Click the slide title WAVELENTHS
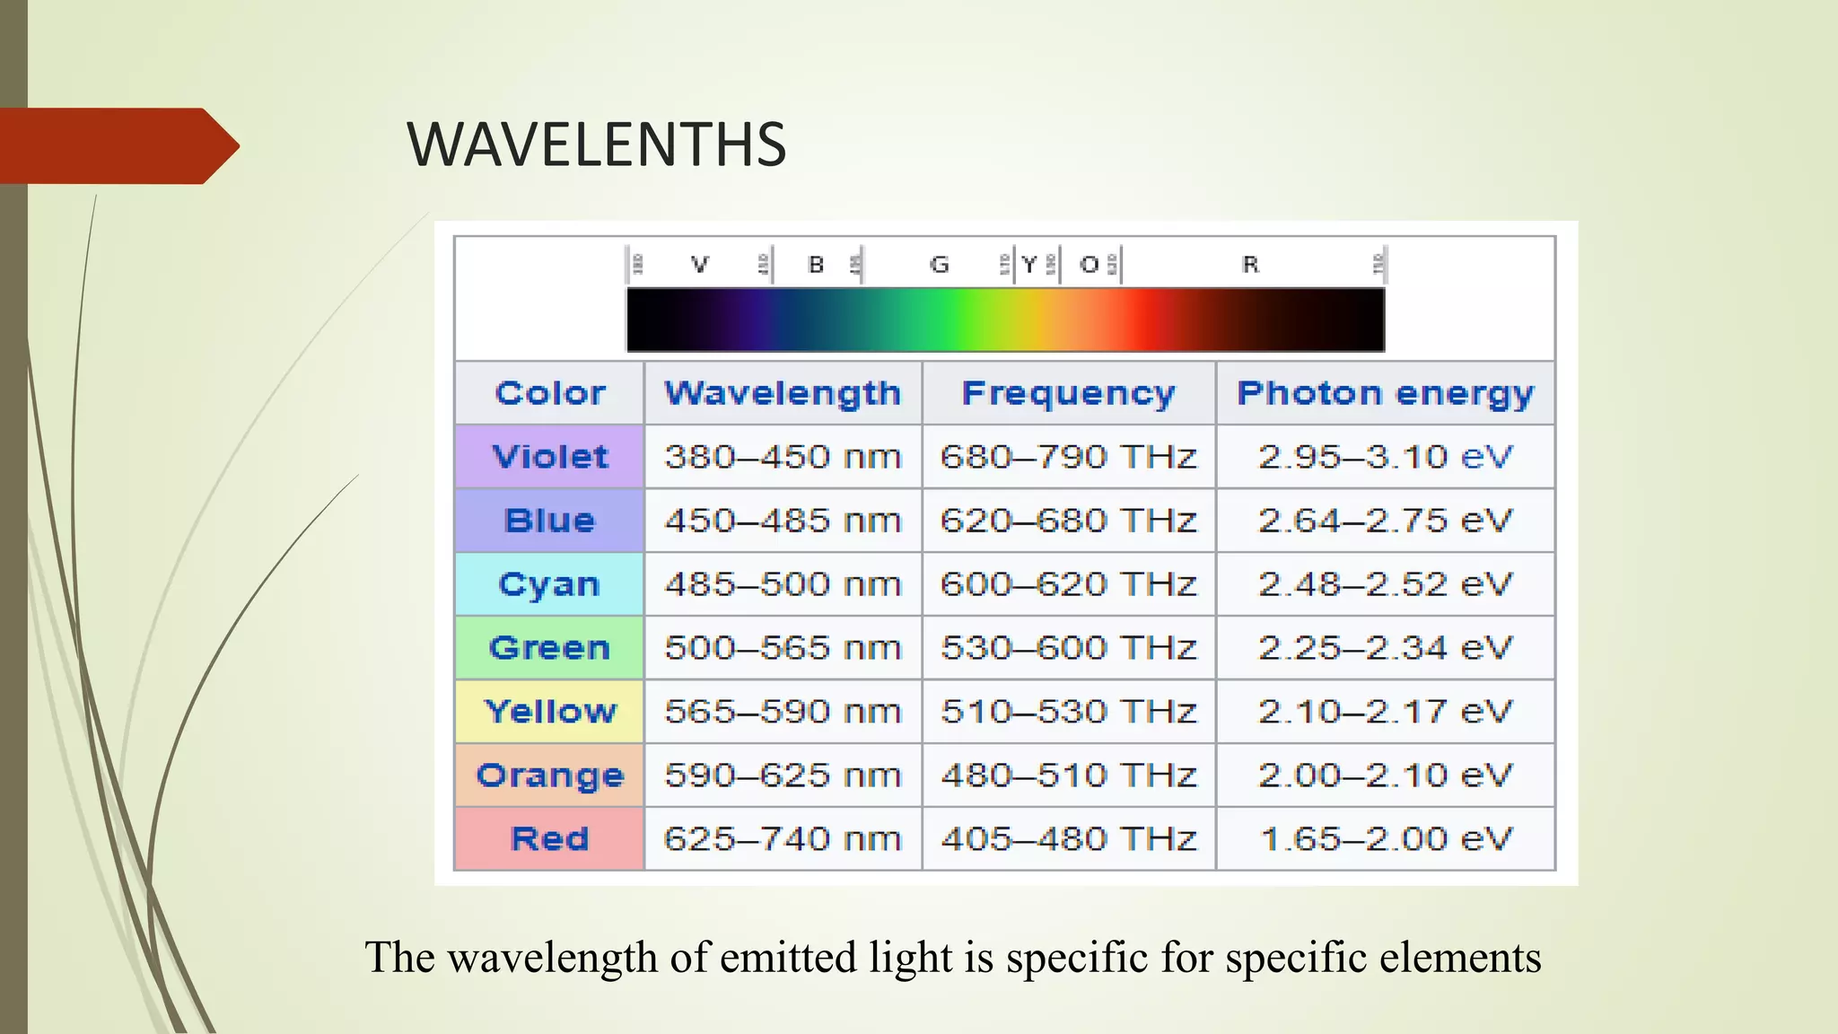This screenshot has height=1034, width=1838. point(597,145)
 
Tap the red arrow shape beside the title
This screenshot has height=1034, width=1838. point(117,145)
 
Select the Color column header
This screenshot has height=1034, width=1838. point(550,393)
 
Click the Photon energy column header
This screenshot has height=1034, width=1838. point(1386,393)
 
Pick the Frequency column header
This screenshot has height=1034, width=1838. point(1068,393)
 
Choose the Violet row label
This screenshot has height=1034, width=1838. point(550,457)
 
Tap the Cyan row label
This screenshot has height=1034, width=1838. point(549,584)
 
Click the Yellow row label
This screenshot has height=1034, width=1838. point(550,712)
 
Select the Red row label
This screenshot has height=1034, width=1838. point(550,839)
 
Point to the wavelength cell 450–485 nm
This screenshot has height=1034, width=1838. point(783,521)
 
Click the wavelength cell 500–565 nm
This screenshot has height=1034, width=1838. point(783,648)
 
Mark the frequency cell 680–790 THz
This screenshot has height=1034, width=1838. point(1068,457)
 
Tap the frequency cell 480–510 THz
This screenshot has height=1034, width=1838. point(1068,775)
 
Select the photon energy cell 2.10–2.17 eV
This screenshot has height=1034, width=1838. point(1386,712)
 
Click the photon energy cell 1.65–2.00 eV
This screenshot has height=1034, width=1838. point(1386,839)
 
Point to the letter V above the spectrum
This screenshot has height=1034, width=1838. point(700,265)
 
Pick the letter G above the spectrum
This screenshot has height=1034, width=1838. point(939,265)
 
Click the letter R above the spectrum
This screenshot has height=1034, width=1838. point(1250,265)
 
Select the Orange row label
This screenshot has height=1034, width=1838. point(550,775)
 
